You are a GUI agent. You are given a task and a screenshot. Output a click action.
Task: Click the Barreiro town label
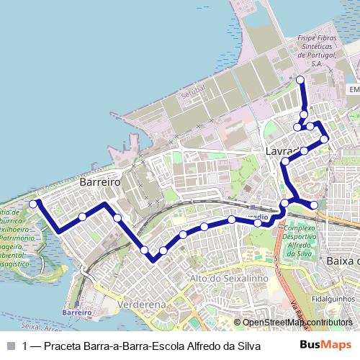point(100,182)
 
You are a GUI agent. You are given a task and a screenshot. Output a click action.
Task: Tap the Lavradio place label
point(283,152)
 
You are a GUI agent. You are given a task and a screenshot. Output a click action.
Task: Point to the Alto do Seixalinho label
point(228,278)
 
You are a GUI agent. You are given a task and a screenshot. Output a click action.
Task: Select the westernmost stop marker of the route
point(33,204)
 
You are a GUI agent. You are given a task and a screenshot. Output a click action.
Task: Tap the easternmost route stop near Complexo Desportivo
point(314,205)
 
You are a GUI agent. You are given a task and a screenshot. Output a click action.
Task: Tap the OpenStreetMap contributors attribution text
point(297,322)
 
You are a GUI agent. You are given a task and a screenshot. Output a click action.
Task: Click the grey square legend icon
point(10,346)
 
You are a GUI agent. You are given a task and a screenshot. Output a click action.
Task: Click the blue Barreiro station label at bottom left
point(77,313)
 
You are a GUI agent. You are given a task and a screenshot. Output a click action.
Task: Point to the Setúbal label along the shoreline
point(193,92)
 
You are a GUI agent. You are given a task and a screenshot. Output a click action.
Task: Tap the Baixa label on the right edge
point(341,260)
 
